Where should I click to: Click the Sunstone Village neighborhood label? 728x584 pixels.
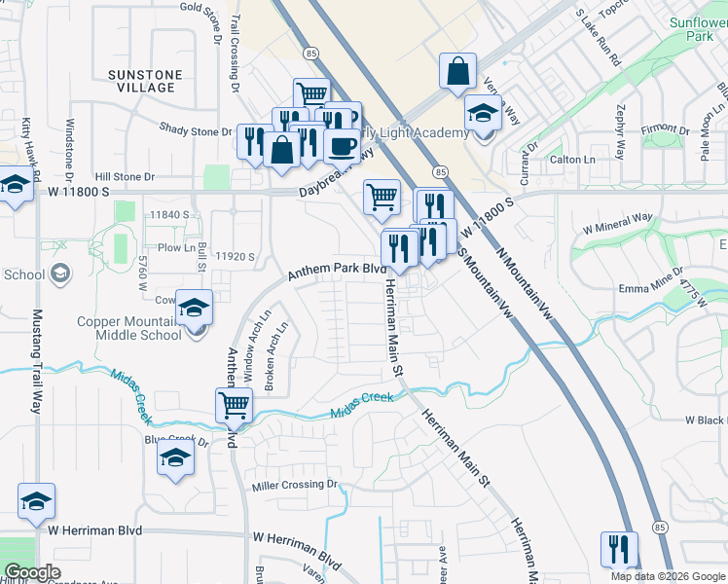tap(142, 80)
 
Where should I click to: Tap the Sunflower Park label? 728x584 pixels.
tap(698, 28)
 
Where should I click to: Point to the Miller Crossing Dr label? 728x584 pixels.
tap(294, 485)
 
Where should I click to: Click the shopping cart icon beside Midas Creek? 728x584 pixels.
tap(235, 404)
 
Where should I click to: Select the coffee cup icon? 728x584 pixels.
tap(342, 146)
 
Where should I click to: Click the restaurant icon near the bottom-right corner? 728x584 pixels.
tap(618, 548)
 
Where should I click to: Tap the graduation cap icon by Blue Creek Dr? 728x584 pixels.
tap(175, 458)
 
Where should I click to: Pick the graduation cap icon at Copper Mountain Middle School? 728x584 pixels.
tap(194, 309)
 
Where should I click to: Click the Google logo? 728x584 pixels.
tap(32, 572)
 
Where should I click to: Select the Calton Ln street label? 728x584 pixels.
tap(572, 160)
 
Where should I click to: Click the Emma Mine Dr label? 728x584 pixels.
tap(648, 289)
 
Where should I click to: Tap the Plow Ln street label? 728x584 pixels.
tap(176, 247)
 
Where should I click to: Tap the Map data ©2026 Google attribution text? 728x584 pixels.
tap(667, 575)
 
